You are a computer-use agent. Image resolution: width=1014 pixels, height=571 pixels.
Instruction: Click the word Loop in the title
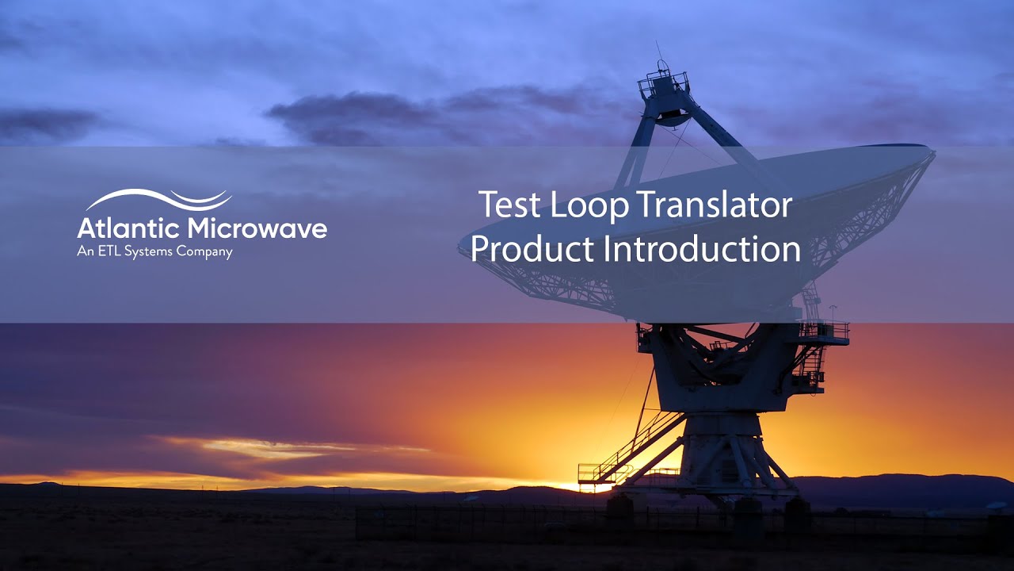(578, 206)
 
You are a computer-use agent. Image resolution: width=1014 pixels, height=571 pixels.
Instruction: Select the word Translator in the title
(715, 206)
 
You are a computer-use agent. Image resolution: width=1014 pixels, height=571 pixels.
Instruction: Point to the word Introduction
(702, 249)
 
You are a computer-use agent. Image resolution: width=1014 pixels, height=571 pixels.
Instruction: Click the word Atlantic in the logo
(128, 229)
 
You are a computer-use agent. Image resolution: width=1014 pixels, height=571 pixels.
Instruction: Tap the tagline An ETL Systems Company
(154, 252)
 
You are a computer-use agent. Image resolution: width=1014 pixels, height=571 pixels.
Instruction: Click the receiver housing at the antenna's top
(665, 95)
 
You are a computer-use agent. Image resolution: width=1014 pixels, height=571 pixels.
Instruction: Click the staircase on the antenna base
(634, 448)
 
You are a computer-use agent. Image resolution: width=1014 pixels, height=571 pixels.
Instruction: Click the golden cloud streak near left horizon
(261, 448)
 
